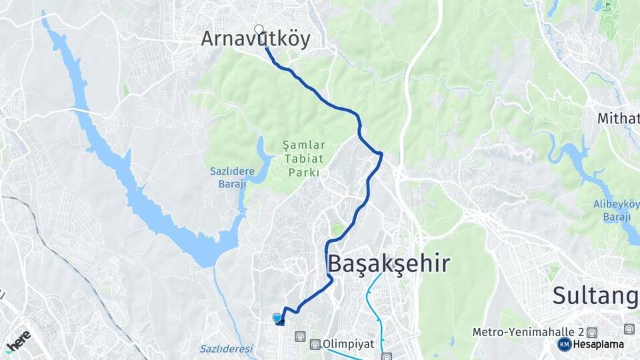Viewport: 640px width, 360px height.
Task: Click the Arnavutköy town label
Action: [x=256, y=39]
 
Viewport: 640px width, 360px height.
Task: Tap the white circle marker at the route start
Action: [x=259, y=29]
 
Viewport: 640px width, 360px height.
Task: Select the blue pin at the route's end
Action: [x=277, y=319]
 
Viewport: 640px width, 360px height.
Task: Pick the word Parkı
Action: [x=304, y=172]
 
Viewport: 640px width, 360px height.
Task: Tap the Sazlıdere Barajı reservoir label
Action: [x=229, y=177]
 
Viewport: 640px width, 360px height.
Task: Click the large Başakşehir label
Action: [x=388, y=264]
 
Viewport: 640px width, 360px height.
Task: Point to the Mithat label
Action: [x=619, y=119]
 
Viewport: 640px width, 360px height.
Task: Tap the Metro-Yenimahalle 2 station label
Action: [x=528, y=331]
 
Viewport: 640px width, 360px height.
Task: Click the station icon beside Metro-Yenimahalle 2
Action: [x=592, y=332]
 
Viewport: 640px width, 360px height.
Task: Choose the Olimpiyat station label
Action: [x=348, y=345]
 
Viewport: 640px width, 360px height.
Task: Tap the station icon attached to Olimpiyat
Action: [x=315, y=345]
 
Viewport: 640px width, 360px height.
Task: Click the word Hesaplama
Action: [x=598, y=345]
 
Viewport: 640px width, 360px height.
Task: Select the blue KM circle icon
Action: [x=564, y=345]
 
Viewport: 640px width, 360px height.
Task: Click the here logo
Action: [x=17, y=340]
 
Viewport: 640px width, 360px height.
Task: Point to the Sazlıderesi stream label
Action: [x=227, y=349]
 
